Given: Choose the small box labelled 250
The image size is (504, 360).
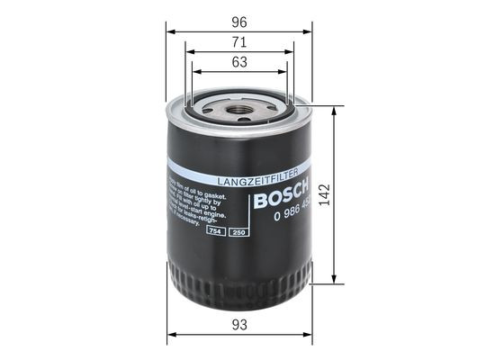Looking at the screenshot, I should [x=238, y=233].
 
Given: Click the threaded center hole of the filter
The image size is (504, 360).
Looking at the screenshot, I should [x=238, y=112].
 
